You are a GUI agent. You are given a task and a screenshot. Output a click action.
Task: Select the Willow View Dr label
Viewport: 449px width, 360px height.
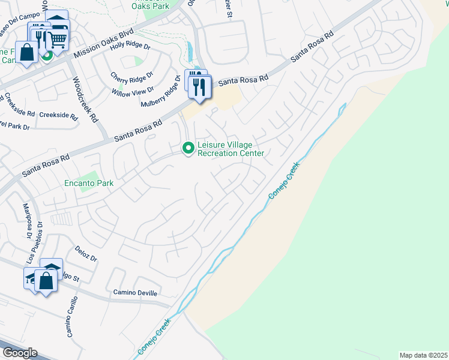point(133,92)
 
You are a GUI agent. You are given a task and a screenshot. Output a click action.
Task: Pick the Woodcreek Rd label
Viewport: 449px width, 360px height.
point(85,100)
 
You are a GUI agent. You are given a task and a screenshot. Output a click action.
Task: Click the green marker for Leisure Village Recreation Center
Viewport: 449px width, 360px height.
point(188,147)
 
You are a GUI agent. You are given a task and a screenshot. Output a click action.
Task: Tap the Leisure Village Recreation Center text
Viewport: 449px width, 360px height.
point(231,149)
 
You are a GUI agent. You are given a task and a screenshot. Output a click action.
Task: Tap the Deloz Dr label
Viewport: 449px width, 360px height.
point(86,253)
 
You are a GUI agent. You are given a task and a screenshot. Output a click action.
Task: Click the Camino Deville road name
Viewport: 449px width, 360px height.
point(135,293)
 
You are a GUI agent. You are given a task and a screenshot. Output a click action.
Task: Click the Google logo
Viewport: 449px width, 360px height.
point(19,353)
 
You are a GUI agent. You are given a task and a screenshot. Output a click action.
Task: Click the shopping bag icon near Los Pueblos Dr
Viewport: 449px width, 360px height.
point(46,280)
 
